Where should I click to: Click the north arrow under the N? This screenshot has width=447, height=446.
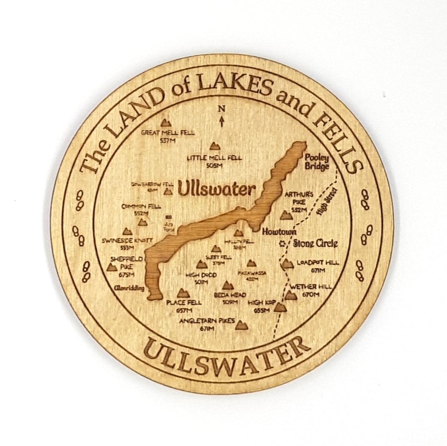pyautogui.click(x=222, y=120)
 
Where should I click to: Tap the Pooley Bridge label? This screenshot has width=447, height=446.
pyautogui.click(x=317, y=161)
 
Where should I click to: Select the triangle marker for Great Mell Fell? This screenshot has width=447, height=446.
pyautogui.click(x=165, y=122)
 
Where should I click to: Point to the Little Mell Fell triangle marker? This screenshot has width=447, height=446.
pyautogui.click(x=215, y=146)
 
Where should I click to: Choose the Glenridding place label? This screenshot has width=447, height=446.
pyautogui.click(x=129, y=288)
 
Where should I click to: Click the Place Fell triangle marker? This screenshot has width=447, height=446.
pyautogui.click(x=183, y=294)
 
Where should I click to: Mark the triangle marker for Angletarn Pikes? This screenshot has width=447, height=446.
pyautogui.click(x=241, y=325)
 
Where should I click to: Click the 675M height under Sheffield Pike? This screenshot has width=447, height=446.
pyautogui.click(x=127, y=275)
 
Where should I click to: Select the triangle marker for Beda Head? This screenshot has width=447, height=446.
pyautogui.click(x=228, y=286)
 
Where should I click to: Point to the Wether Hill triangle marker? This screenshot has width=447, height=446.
pyautogui.click(x=291, y=296)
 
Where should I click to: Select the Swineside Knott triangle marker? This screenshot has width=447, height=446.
pyautogui.click(x=127, y=231)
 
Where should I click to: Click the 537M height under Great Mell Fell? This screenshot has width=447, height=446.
pyautogui.click(x=168, y=141)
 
